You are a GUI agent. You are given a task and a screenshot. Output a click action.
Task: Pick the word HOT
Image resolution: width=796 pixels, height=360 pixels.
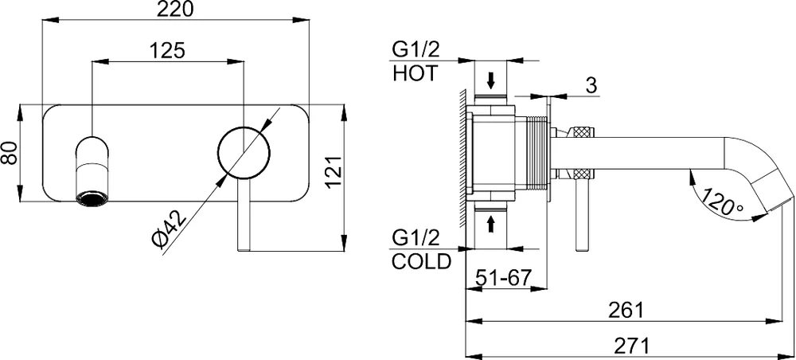415,74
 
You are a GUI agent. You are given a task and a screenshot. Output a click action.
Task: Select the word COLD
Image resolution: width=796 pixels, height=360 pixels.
421,262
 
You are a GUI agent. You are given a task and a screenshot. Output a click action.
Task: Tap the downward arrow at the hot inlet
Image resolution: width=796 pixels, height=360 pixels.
491,80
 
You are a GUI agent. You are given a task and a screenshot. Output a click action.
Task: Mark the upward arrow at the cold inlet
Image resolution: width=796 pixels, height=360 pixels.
491,224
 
